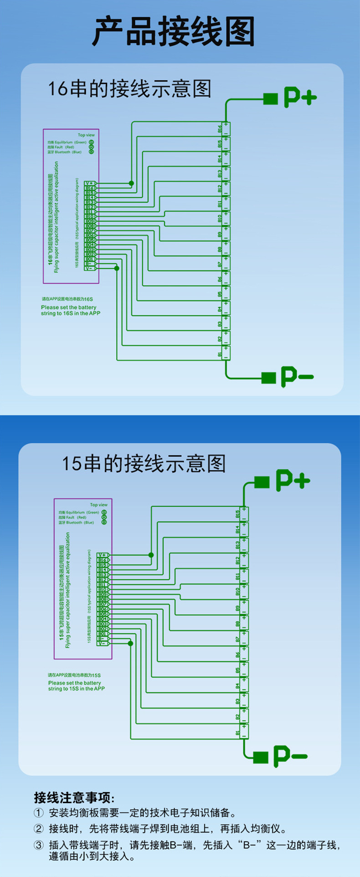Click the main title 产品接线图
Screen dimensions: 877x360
173,31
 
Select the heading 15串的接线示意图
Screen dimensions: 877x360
144,463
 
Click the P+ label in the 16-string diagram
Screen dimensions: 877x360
300,97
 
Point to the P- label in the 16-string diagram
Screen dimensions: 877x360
297,376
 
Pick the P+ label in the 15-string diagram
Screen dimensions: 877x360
292,481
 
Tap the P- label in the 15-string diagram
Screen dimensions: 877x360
290,756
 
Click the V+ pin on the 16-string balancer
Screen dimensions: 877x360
89,183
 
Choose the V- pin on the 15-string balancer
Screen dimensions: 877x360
103,643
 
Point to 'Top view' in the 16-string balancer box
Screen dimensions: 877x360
86,135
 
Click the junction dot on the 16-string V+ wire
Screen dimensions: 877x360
132,183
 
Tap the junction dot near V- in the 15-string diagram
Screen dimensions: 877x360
130,643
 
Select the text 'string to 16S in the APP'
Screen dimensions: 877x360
70,313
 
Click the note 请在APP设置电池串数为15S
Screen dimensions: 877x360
74,675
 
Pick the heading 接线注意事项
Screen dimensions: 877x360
74,798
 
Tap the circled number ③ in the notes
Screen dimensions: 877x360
39,845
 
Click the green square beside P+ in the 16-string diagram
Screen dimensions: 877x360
271,98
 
